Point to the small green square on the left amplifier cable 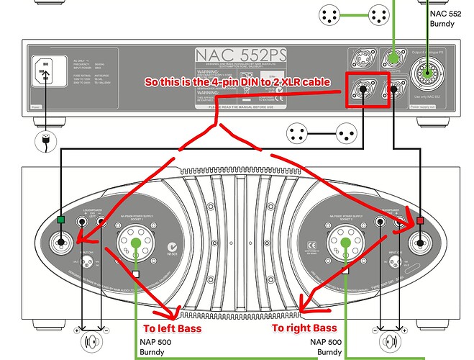(x=63, y=220)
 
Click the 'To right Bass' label (x=304, y=328)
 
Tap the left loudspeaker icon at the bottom (x=90, y=340)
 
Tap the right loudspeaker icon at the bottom (x=388, y=340)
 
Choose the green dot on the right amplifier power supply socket (x=346, y=243)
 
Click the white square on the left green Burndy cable (x=135, y=274)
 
